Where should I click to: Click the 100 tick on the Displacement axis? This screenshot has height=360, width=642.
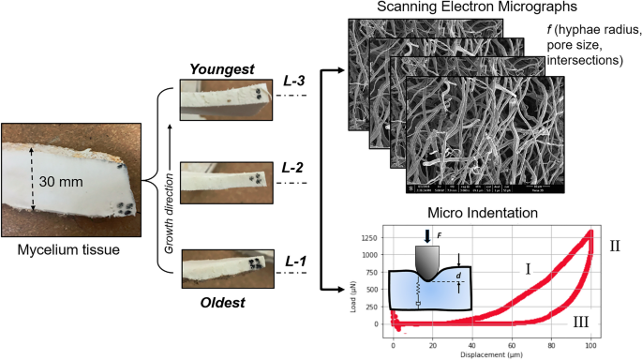tap(590, 344)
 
